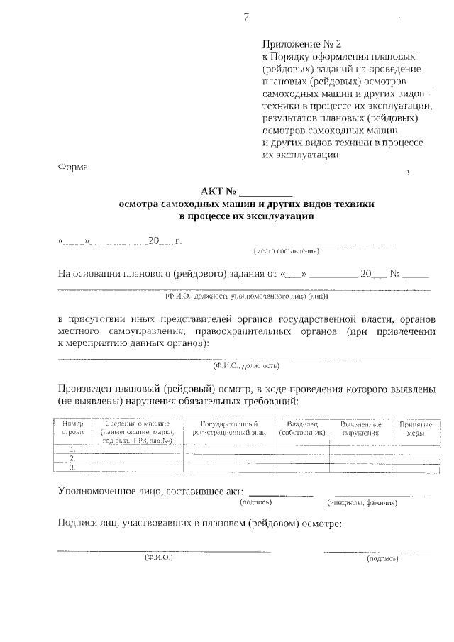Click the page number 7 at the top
click(x=245, y=18)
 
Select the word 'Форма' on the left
click(x=72, y=167)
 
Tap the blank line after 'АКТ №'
click(x=266, y=191)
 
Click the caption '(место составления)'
click(x=287, y=251)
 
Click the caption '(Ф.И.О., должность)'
click(x=246, y=366)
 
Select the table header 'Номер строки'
click(x=73, y=428)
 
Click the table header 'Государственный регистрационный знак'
click(x=228, y=428)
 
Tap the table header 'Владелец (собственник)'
click(x=302, y=428)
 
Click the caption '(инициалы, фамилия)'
click(x=362, y=502)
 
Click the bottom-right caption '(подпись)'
click(x=382, y=559)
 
